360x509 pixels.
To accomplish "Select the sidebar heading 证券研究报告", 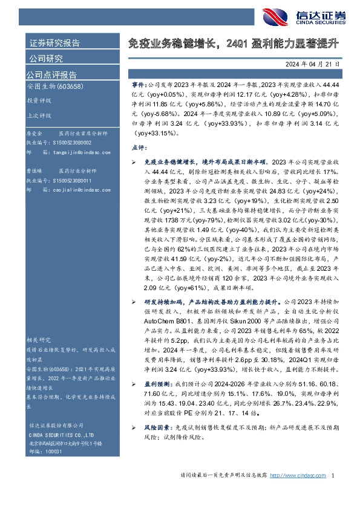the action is (x=55, y=43).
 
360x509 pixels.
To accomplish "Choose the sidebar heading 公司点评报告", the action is (x=51, y=75).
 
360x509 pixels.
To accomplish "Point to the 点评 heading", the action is (x=139, y=147).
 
